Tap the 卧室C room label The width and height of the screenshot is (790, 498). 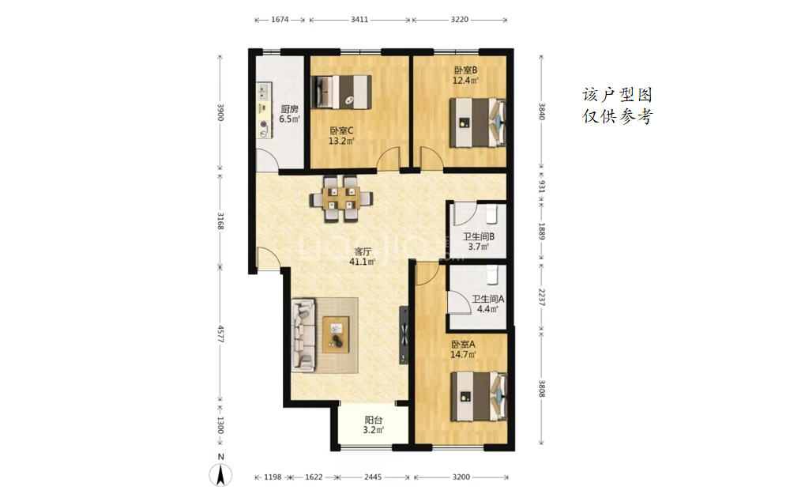(341, 130)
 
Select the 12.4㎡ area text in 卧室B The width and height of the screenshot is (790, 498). (465, 80)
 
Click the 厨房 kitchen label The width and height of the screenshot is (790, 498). (289, 109)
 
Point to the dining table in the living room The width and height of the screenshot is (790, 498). (341, 198)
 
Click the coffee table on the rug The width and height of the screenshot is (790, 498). (336, 334)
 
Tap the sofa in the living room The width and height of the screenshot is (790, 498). (303, 334)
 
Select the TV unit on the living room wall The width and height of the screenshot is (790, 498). (404, 334)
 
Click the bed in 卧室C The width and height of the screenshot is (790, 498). (341, 92)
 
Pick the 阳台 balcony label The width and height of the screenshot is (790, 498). (374, 420)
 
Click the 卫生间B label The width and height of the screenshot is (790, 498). (479, 236)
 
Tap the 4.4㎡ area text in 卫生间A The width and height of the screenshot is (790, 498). (487, 309)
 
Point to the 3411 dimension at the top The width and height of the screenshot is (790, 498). (359, 20)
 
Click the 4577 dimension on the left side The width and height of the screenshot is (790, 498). (220, 334)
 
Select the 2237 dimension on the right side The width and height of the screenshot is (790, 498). (542, 297)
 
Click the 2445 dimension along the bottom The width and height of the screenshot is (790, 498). (373, 477)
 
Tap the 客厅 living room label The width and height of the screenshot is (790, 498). (363, 251)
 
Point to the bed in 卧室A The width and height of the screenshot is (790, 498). (478, 396)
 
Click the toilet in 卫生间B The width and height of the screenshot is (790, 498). (491, 213)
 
